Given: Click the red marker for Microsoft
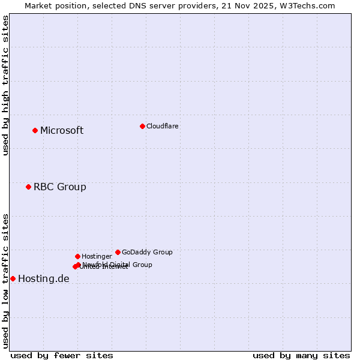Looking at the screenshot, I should (35, 130).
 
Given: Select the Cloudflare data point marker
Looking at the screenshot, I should (142, 126).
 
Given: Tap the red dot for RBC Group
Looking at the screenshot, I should (28, 187).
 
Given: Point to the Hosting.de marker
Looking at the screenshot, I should (13, 278).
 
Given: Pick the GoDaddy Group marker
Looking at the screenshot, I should (118, 252).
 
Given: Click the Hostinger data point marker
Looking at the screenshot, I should (77, 256).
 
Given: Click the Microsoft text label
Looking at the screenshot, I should (62, 131).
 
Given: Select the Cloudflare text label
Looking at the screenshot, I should (162, 127).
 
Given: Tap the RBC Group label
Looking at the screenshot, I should (60, 187).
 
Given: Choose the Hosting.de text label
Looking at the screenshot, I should (44, 279).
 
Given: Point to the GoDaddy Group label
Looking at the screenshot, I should (147, 253).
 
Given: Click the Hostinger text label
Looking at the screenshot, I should (97, 257).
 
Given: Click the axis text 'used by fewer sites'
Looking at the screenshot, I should (62, 355).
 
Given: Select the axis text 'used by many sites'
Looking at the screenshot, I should (301, 355).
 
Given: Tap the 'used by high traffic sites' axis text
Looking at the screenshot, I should (6, 85).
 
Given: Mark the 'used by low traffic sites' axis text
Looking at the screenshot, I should (6, 280).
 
